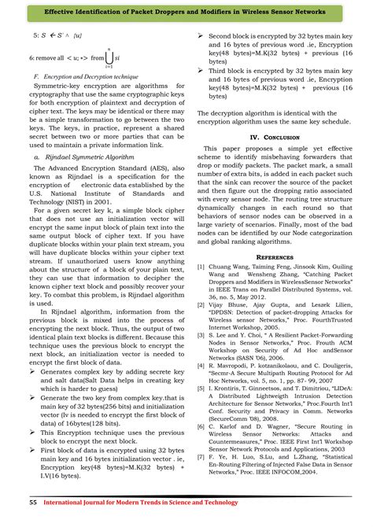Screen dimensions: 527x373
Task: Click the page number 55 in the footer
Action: pos(33,502)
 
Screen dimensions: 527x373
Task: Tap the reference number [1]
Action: pos(201,267)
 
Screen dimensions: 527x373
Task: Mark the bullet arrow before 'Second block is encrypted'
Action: pos(201,37)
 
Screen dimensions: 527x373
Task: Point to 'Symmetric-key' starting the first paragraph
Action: pos(61,87)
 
